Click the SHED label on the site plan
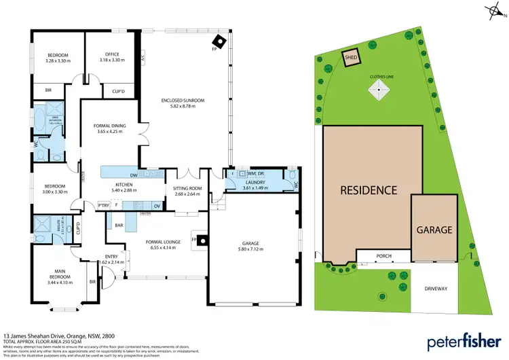(x=351, y=58)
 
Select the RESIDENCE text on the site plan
(x=369, y=190)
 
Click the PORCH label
(x=384, y=256)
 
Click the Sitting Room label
(x=189, y=192)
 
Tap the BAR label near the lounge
(x=119, y=224)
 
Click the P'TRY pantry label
(x=104, y=205)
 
